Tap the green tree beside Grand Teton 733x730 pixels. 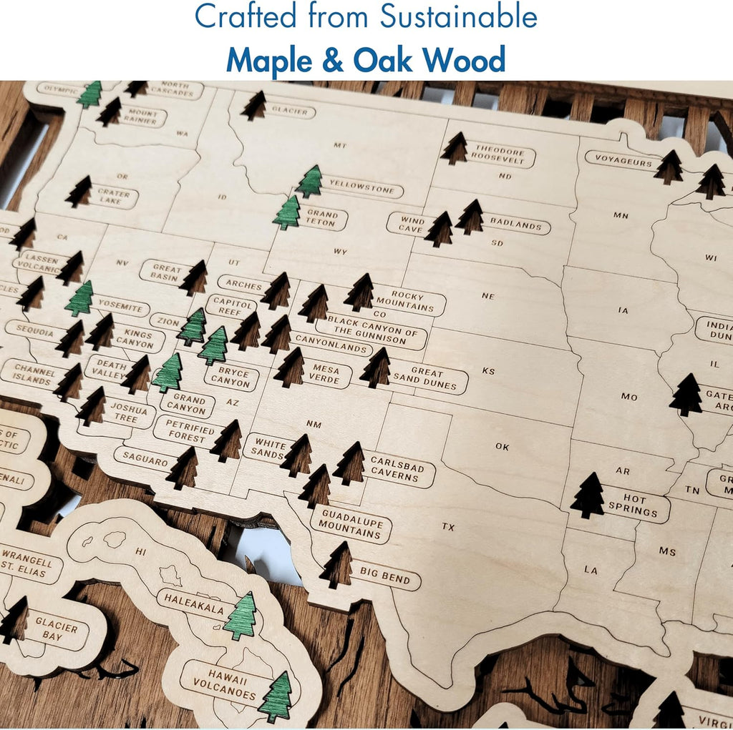click(287, 213)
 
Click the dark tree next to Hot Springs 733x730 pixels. click(588, 495)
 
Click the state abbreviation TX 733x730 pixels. click(448, 528)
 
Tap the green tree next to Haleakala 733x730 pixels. click(241, 616)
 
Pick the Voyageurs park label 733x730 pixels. click(620, 160)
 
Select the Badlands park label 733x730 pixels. click(516, 225)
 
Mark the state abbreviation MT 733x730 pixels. click(340, 146)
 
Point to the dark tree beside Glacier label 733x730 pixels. click(254, 106)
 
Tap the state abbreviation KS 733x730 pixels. click(488, 371)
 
